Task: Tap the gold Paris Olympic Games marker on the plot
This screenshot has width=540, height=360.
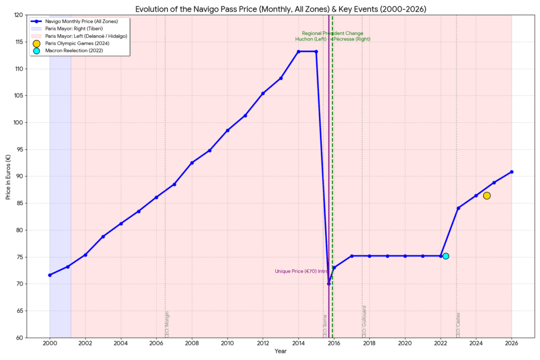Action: (487, 196)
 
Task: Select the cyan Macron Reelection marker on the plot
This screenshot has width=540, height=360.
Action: (446, 256)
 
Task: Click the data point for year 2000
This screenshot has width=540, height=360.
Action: (50, 275)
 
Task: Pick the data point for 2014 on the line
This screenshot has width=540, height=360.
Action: (298, 52)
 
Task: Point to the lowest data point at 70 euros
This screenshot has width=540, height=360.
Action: (329, 284)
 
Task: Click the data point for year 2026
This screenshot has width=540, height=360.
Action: (512, 172)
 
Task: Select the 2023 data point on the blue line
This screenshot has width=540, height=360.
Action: (458, 208)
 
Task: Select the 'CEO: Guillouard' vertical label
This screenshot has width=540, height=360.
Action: (364, 321)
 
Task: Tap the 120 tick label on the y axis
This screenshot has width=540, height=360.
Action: (18, 15)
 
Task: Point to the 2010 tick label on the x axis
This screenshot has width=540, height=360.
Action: (227, 343)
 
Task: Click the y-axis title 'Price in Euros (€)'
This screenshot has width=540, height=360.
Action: (8, 177)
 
